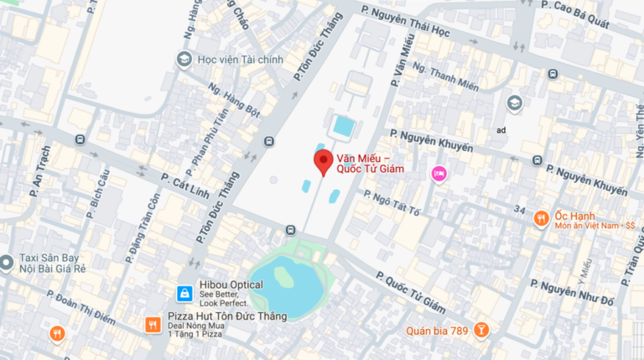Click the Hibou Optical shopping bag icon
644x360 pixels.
coord(182,293)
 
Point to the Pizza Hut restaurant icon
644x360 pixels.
coord(152,324)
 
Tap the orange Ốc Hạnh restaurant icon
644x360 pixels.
coord(542,219)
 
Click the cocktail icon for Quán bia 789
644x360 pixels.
coord(481,330)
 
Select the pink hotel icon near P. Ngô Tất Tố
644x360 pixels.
coord(439,174)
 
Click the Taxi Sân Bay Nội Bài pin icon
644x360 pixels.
coord(7,263)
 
